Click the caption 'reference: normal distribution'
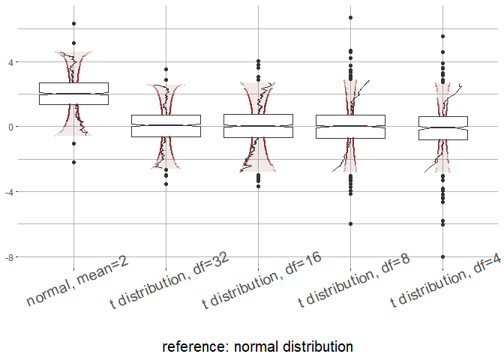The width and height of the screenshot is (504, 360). (257, 346)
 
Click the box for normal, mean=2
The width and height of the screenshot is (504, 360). (73, 94)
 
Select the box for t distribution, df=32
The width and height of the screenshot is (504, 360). (166, 125)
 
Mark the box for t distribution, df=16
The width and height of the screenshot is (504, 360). (258, 126)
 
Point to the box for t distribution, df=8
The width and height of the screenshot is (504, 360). (350, 126)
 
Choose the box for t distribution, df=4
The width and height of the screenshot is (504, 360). (442, 128)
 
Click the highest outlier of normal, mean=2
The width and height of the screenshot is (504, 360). (73, 24)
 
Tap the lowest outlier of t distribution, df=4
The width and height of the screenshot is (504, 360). (442, 256)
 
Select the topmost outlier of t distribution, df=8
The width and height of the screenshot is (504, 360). (350, 17)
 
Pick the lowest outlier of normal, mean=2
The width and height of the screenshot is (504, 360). (73, 162)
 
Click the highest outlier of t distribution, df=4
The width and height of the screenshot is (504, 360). (442, 36)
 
